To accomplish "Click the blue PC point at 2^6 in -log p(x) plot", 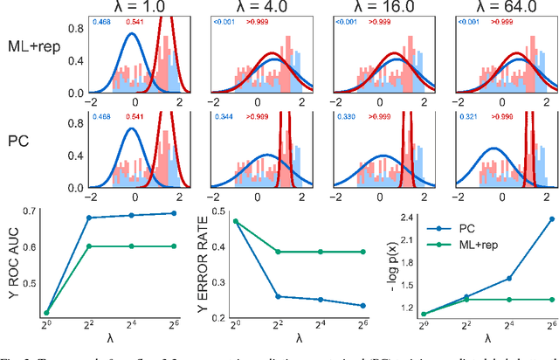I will [551, 218].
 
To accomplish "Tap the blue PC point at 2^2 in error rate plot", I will [278, 296].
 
